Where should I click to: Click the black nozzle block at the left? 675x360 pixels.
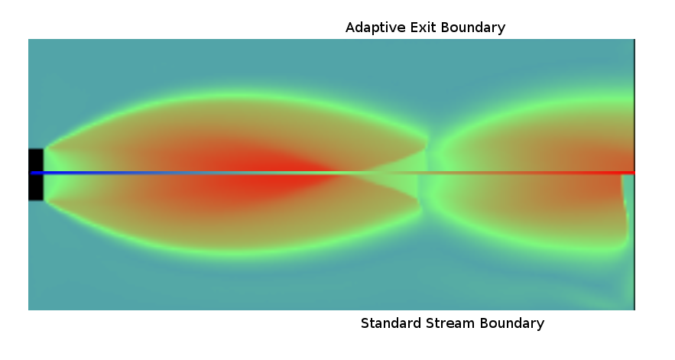36,174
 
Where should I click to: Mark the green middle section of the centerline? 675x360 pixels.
332,173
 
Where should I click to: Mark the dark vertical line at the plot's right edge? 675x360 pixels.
634,174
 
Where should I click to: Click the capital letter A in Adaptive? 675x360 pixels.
351,28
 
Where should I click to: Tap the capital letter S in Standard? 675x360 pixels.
365,323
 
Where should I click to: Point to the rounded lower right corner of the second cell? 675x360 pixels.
621,246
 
